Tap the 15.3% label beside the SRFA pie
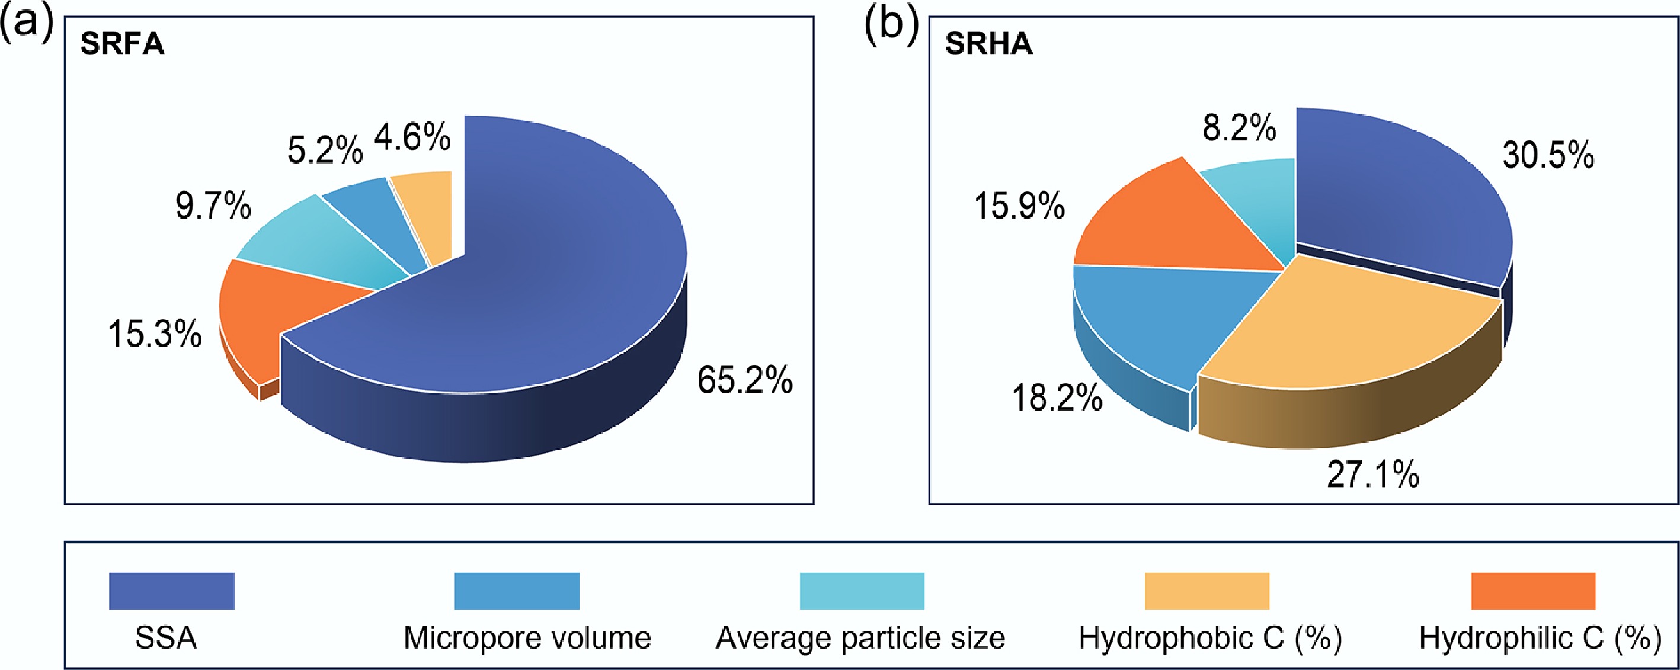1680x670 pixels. coord(155,334)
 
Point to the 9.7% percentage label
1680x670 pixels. coord(213,206)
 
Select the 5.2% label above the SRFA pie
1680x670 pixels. coord(325,151)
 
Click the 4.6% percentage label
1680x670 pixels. coord(412,137)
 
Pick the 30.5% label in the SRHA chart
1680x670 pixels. coord(1548,156)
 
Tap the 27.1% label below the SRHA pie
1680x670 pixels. coord(1373,475)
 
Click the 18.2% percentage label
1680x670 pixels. coord(1057,397)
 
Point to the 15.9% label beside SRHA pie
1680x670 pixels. coord(1019,206)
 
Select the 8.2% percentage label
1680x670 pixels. coord(1239,128)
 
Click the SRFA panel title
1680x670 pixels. coord(122,44)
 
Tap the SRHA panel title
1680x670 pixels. coord(988,44)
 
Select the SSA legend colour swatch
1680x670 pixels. coord(171,591)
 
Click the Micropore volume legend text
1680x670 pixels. coord(527,638)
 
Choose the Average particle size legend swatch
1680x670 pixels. coord(862,591)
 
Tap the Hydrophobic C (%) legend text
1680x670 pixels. coord(1211,638)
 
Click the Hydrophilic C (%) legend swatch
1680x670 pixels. coord(1533,591)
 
